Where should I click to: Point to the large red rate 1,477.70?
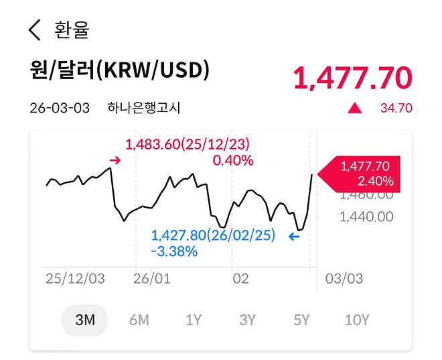(352, 78)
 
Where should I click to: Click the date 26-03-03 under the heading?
(60, 108)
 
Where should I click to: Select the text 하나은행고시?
(144, 108)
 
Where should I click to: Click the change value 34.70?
(396, 108)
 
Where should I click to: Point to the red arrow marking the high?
(115, 160)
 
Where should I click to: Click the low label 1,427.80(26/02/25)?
(213, 235)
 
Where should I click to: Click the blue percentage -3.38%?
(174, 252)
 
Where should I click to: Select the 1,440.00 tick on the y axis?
(366, 217)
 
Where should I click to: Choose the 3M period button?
(85, 320)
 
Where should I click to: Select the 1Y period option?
(194, 320)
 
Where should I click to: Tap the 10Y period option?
(356, 320)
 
